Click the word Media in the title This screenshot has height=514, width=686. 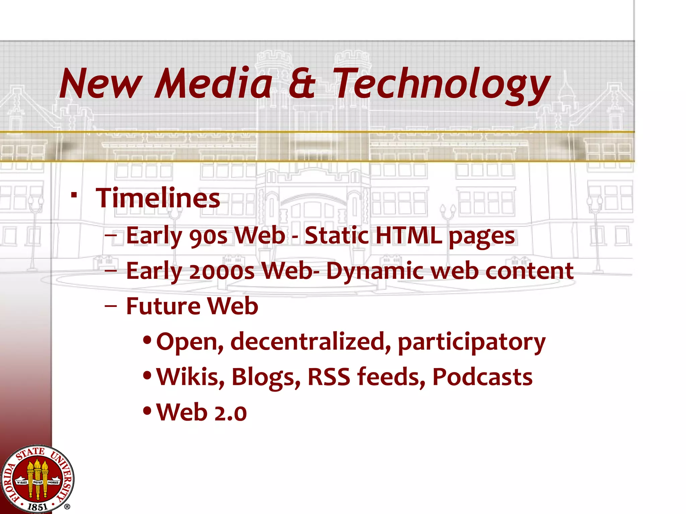[x=213, y=84]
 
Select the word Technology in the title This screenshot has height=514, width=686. [x=442, y=85]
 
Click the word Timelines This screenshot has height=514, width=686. [x=158, y=198]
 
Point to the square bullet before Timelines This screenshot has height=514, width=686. [x=74, y=194]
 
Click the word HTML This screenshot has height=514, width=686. [x=409, y=235]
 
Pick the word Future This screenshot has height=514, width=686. [x=163, y=306]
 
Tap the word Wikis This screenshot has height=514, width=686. [x=190, y=377]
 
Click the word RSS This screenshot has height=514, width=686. [x=329, y=377]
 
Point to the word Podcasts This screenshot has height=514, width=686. [x=482, y=377]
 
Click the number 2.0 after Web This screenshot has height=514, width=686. [x=230, y=413]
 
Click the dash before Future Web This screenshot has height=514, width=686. [x=111, y=306]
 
